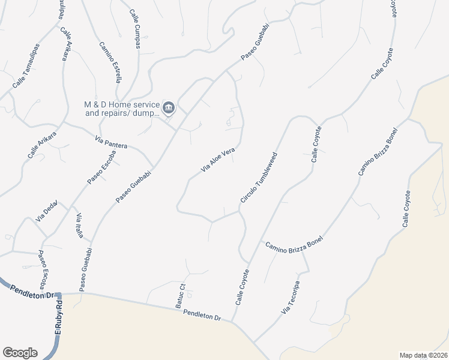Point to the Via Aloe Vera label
click(217, 161)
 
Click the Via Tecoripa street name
click(290, 298)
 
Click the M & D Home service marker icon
click(169, 108)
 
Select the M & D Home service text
click(122, 108)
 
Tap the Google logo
click(20, 353)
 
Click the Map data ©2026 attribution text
click(423, 355)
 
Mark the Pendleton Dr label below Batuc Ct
click(203, 314)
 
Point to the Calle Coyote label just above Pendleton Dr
click(242, 287)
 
